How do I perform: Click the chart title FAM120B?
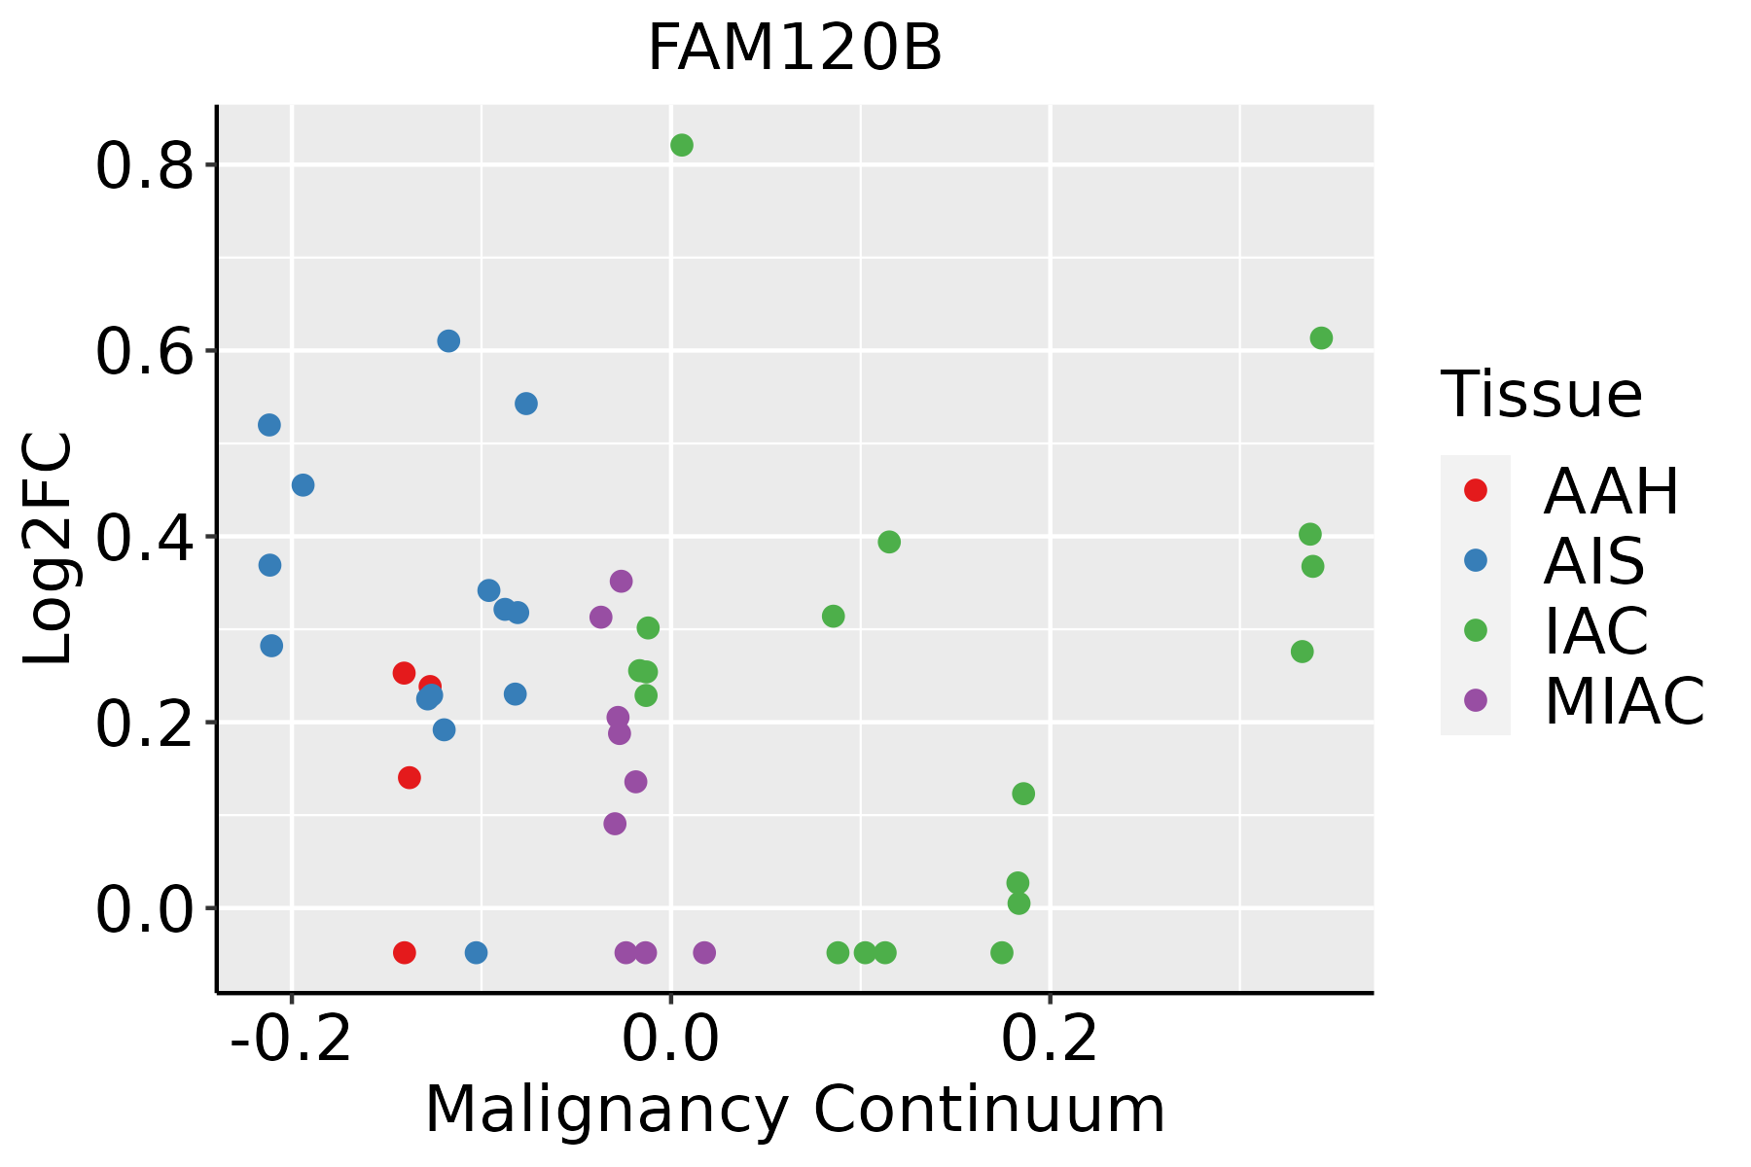[795, 49]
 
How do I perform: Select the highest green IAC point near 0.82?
[682, 145]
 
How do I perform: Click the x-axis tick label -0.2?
[290, 1040]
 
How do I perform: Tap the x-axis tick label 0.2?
[1050, 1040]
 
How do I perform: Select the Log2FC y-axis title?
[48, 548]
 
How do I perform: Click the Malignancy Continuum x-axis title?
[795, 1110]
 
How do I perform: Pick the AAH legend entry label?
[1611, 491]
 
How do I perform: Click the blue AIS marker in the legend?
[1476, 560]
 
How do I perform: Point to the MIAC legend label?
[1624, 701]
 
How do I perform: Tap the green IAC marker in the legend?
[1476, 630]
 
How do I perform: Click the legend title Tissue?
[1542, 395]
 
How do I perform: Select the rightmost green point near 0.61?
[1321, 338]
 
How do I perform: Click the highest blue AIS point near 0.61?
[448, 341]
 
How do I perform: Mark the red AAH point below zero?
[405, 952]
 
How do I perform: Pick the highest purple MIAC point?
[622, 582]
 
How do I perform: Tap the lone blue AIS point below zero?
[476, 952]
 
